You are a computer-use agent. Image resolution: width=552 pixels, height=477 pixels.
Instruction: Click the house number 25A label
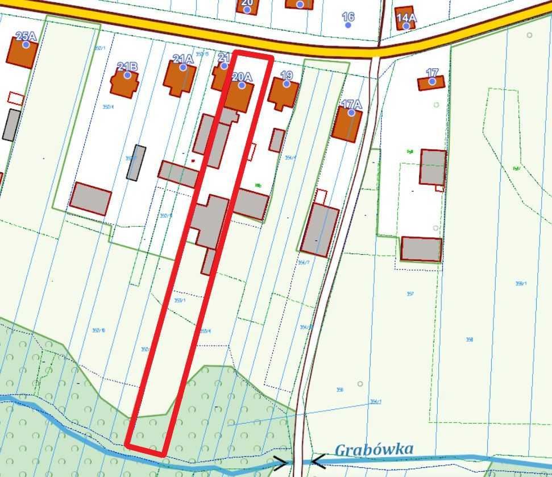click(25, 36)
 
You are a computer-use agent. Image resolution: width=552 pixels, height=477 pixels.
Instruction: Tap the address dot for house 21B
click(127, 75)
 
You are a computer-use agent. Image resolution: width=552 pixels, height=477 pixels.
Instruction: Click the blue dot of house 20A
click(242, 85)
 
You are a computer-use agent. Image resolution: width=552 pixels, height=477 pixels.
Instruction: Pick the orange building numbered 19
click(283, 93)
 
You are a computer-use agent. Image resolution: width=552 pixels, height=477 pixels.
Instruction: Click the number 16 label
click(348, 17)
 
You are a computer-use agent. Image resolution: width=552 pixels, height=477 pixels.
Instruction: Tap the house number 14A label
click(406, 18)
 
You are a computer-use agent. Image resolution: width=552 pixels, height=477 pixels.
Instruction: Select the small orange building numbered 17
click(431, 83)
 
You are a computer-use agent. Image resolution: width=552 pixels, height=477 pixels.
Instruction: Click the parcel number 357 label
click(410, 294)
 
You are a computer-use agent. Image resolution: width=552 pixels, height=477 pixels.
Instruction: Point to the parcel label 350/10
click(98, 330)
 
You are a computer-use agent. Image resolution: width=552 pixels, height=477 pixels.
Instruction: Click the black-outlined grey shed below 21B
click(136, 163)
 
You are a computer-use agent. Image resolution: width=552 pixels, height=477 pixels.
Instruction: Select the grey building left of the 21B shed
click(90, 198)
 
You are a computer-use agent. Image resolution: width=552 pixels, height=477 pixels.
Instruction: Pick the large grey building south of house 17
click(421, 249)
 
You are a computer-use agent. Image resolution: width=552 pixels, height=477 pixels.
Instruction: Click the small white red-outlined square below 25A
click(15, 98)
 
